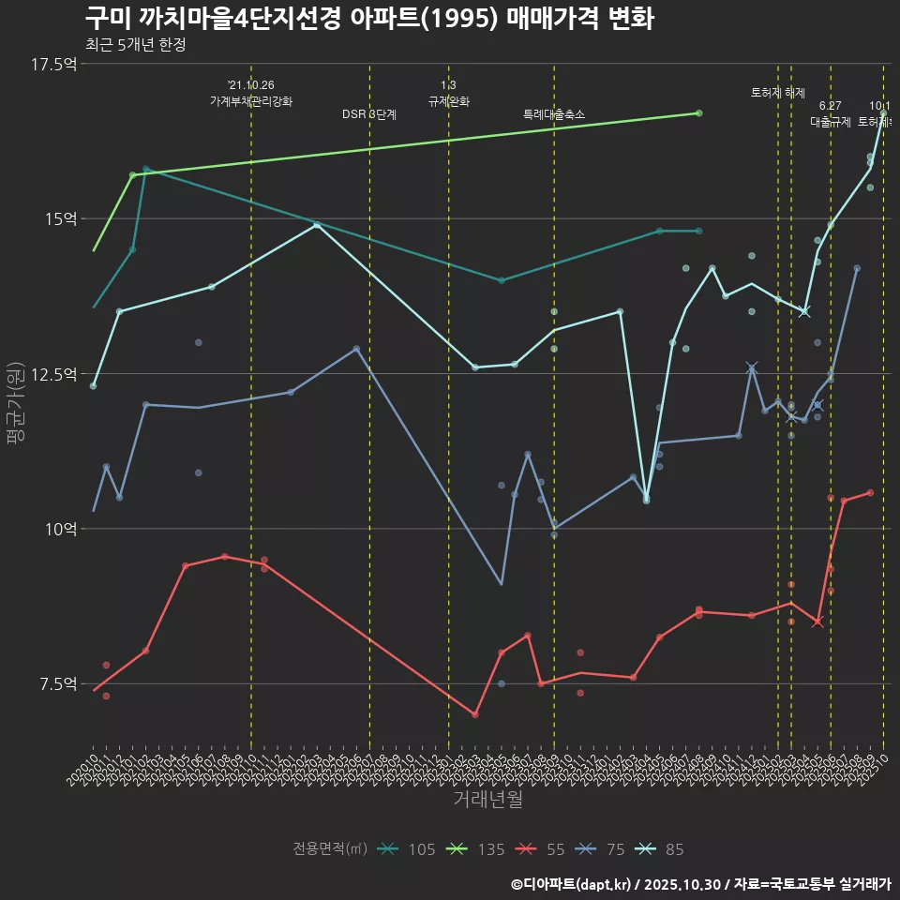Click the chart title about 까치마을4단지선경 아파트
tap(369, 19)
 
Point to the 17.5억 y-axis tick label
tap(53, 64)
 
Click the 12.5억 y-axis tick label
tap(53, 374)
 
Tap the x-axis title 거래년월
tap(487, 799)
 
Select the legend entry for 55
tap(543, 849)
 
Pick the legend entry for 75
tap(603, 849)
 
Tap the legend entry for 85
tap(662, 849)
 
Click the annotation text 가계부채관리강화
tap(251, 101)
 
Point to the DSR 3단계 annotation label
tap(369, 114)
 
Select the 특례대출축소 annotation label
tap(553, 114)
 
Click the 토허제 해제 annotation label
tap(778, 93)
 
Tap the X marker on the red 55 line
tap(817, 622)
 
